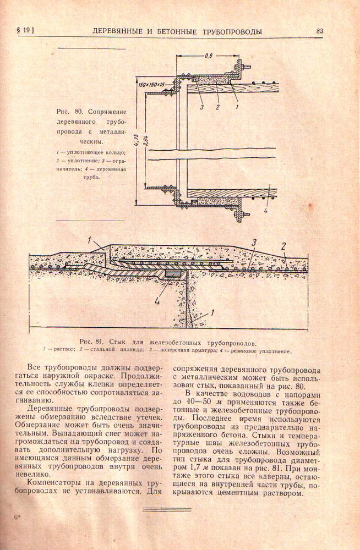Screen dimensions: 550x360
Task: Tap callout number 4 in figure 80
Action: click(x=268, y=210)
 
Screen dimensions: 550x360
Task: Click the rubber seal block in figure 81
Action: click(x=174, y=273)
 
